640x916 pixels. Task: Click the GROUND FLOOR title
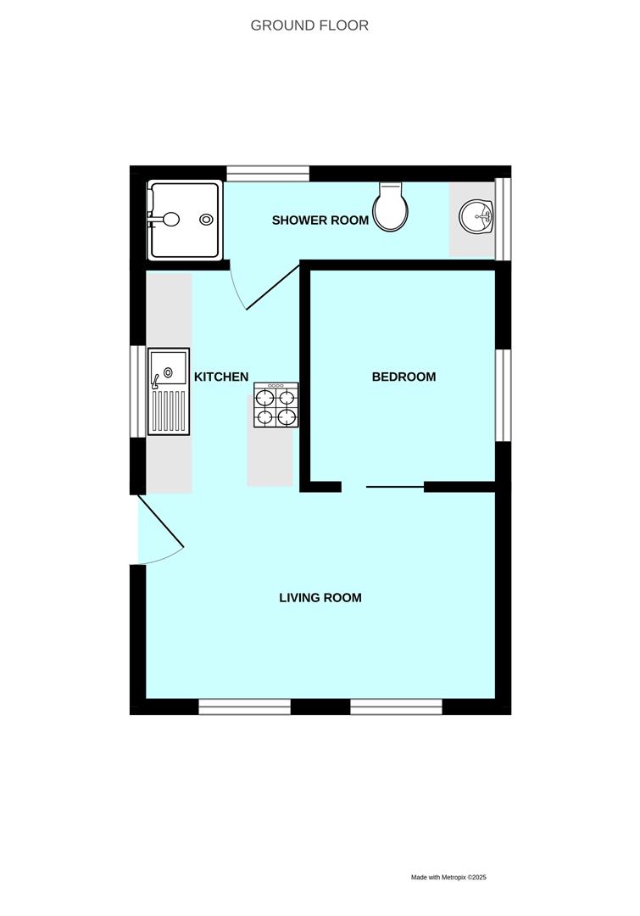(309, 25)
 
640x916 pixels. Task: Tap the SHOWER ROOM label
(320, 221)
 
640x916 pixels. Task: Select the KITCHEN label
(221, 377)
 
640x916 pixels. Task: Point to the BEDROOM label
(403, 377)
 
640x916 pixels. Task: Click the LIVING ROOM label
(320, 598)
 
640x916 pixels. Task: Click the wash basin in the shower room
(476, 217)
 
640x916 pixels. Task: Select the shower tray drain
(206, 220)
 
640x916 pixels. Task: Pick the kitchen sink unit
(169, 391)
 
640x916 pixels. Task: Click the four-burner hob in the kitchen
(275, 405)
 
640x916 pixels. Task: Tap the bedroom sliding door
(394, 487)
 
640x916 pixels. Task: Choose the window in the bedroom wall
(503, 394)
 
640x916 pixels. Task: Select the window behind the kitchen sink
(137, 391)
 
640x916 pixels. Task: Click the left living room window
(244, 706)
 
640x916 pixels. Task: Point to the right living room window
(396, 706)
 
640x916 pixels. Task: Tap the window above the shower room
(267, 173)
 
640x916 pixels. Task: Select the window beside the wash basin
(503, 218)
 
